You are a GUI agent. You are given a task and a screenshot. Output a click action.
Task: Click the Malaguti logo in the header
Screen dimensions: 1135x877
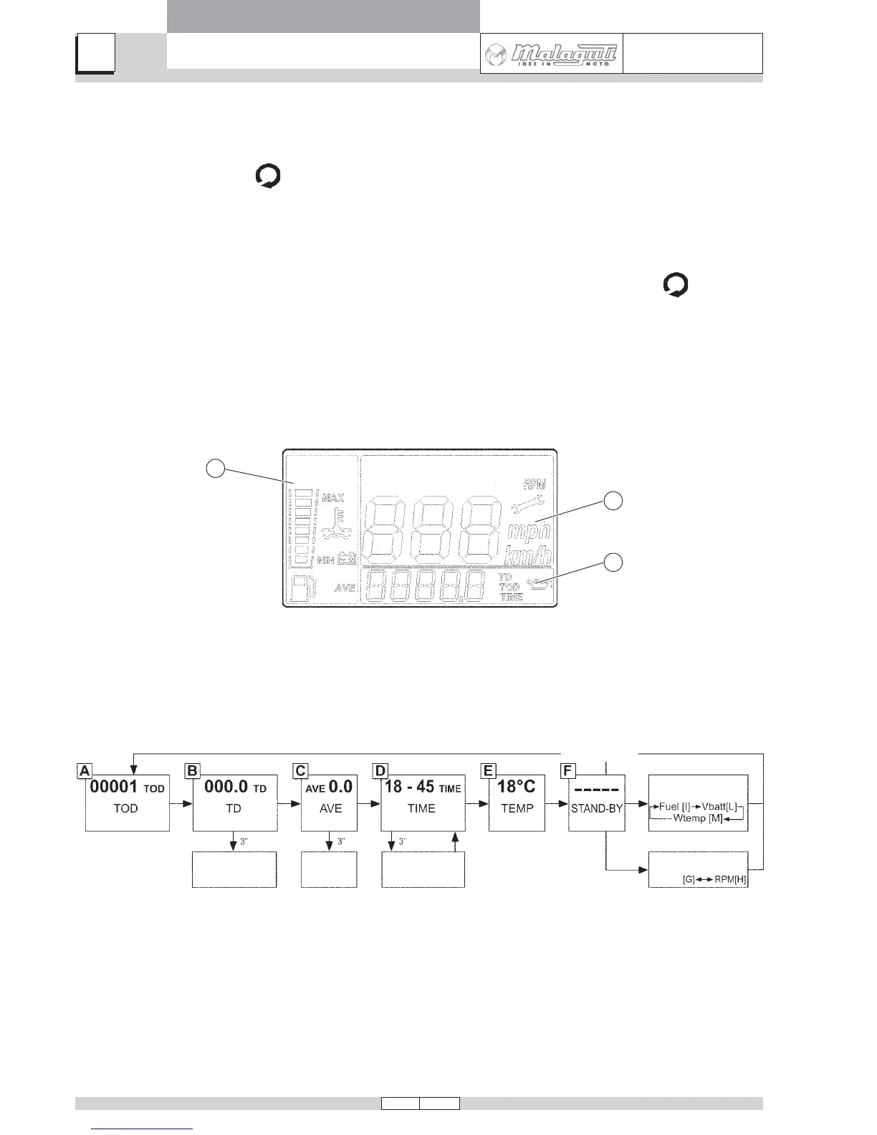[550, 54]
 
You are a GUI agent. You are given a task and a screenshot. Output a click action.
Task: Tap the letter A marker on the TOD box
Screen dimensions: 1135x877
[85, 771]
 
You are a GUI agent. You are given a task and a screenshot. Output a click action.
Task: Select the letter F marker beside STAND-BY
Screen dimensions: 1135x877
[567, 771]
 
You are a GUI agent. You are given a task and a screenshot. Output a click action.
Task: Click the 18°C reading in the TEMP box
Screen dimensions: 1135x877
[516, 787]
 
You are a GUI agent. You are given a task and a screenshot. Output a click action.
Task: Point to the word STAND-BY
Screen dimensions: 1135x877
[597, 808]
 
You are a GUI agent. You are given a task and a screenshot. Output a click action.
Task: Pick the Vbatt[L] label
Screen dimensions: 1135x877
[719, 807]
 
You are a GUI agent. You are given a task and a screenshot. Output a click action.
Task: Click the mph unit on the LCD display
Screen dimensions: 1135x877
[529, 531]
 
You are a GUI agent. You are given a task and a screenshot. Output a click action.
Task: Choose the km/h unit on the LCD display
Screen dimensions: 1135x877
[529, 555]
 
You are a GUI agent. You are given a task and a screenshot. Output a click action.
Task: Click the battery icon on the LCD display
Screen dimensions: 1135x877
[347, 558]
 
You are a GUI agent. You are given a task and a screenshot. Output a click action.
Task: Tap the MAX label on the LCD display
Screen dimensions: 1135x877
[332, 497]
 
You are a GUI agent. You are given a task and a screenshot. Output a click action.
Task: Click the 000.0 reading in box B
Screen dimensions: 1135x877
[226, 787]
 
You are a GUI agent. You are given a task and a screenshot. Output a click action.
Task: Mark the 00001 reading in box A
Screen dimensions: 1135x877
[113, 787]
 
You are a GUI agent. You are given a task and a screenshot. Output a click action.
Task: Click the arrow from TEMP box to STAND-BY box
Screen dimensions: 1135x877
[557, 804]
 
